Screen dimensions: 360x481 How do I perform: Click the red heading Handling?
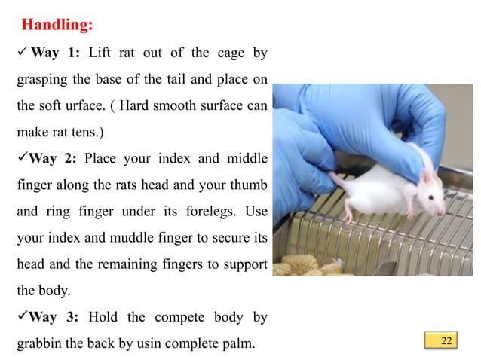pos(57,25)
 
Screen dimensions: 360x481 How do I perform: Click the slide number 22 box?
pos(446,341)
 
